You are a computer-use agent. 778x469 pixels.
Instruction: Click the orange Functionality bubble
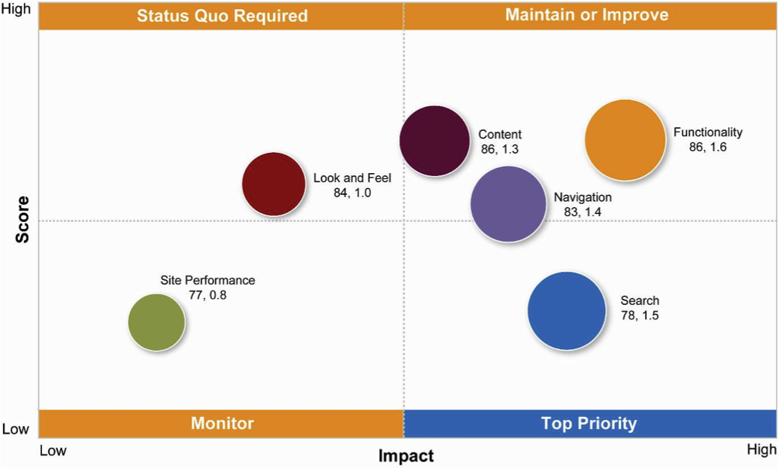625,140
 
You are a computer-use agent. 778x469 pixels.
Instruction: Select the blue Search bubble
566,310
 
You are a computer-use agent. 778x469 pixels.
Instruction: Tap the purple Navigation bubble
508,203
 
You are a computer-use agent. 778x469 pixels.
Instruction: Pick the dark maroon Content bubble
434,141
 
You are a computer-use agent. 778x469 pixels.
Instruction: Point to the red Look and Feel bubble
274,184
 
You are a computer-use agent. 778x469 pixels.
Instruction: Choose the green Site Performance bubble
156,321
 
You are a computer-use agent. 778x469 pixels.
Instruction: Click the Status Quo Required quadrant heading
222,16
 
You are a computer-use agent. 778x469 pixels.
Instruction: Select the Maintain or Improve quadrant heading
586,15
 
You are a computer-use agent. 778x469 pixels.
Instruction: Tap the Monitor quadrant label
222,423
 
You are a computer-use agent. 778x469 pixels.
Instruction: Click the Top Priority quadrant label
589,423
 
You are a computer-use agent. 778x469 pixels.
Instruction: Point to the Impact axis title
406,455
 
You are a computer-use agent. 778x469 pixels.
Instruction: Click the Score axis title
23,219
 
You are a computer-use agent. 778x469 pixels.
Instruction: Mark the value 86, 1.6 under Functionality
707,148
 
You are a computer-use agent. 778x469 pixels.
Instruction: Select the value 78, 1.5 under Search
639,315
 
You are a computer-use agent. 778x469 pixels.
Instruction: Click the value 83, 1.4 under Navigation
583,212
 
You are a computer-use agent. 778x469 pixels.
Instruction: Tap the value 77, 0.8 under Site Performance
207,295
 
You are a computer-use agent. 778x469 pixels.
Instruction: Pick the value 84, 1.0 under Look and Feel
353,193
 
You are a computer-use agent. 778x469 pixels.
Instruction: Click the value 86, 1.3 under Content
500,150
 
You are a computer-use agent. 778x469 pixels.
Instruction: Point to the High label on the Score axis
17,11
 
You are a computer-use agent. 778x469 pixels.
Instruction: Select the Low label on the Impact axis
53,450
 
